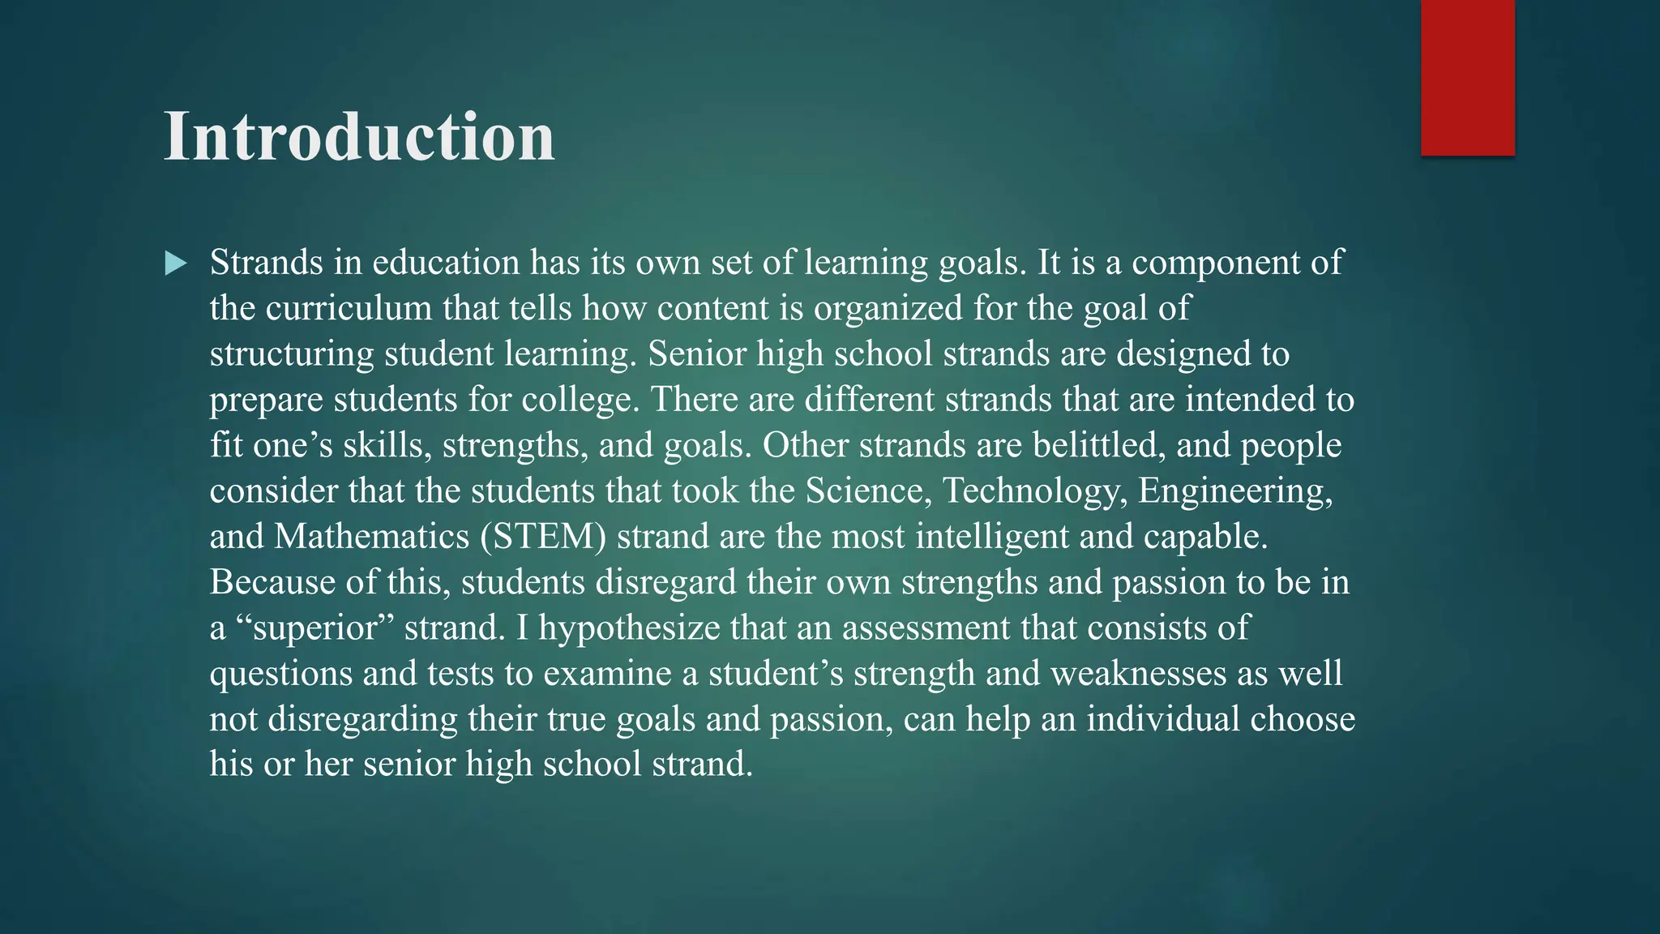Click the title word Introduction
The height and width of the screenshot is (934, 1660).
coord(359,136)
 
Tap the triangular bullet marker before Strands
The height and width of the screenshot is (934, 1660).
coord(175,263)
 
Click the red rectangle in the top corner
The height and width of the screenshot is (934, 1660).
coord(1467,78)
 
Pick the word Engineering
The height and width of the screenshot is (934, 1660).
coord(1235,491)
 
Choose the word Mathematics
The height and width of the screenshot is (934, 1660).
coord(372,537)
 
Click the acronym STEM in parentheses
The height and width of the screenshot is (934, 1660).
coord(543,537)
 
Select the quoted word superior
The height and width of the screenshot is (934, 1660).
coord(317,628)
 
